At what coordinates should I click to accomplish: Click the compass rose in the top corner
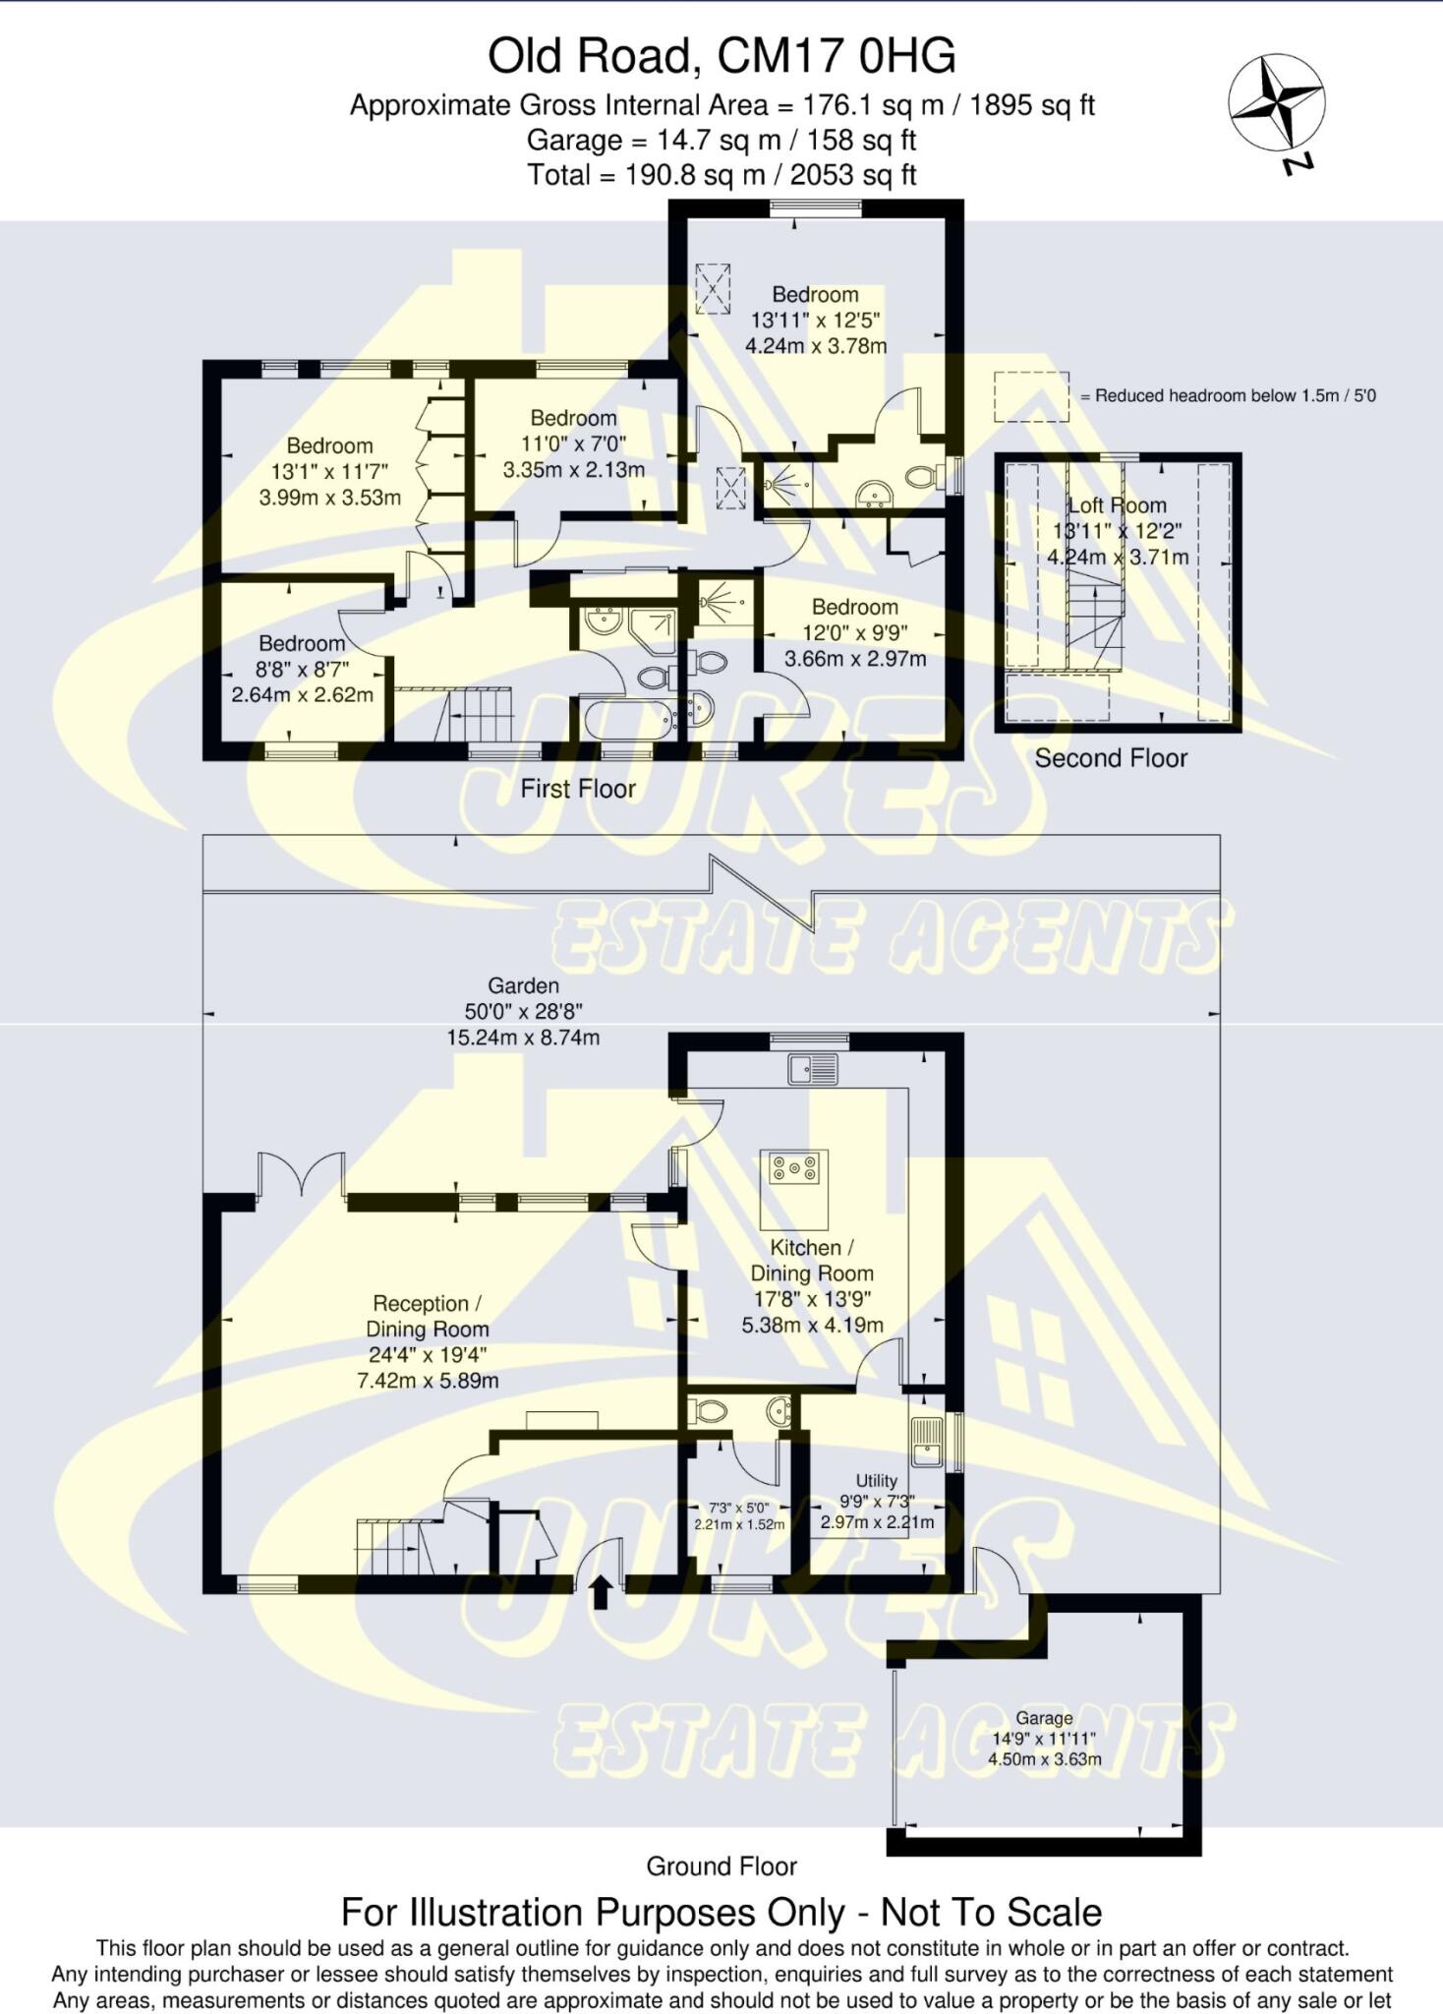1276,103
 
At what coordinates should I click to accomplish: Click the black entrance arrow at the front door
603,1591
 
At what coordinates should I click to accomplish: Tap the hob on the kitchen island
794,1167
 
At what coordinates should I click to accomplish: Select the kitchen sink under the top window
813,1069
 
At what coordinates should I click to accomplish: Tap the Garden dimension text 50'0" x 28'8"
523,1011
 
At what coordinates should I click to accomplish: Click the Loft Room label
1118,505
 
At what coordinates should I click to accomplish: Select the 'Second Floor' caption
1111,758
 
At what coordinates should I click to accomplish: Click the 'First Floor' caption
578,789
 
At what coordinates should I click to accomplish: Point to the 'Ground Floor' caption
721,1866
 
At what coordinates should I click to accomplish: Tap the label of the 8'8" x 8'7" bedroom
302,643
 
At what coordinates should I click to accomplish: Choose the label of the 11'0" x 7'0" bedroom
573,418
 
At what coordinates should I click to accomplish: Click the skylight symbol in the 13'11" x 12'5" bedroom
714,288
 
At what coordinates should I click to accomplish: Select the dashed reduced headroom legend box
1031,396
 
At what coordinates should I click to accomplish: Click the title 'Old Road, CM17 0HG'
721,56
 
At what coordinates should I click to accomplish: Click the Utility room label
876,1481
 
